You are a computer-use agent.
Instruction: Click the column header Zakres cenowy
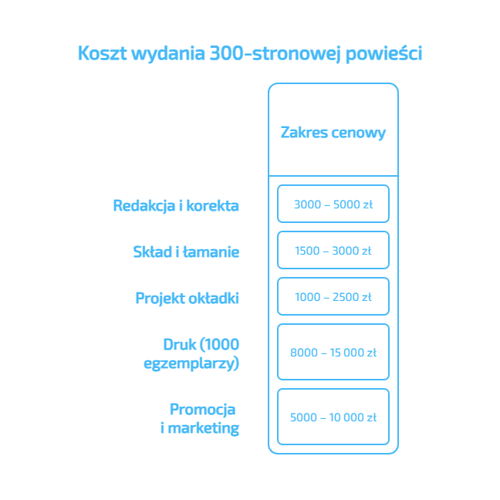pos(333,133)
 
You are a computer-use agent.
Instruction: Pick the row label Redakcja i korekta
pos(176,206)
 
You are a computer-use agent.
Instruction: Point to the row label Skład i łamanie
pos(186,252)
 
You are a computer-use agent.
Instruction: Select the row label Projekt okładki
pos(187,298)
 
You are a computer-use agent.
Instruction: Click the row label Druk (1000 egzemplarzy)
pos(191,353)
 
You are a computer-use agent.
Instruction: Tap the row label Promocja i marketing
pos(199,418)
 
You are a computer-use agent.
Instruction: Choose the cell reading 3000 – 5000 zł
pos(333,204)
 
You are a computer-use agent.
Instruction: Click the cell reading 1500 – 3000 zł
pos(333,251)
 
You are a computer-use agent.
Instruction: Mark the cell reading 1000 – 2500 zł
pos(333,297)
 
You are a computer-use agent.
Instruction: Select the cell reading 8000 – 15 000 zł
pos(333,353)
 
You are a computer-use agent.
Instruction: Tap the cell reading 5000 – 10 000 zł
pos(333,417)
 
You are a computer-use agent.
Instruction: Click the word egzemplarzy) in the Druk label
pos(191,363)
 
